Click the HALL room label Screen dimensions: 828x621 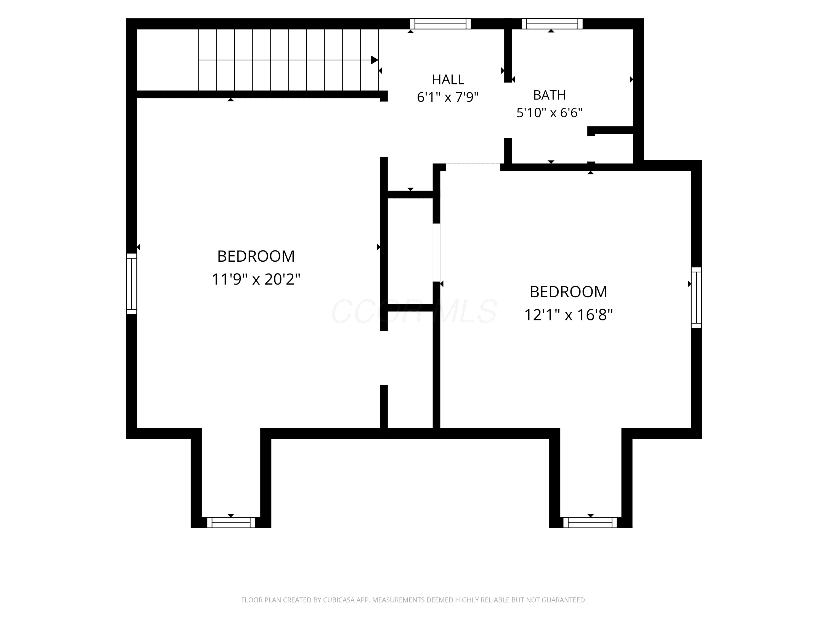pyautogui.click(x=448, y=79)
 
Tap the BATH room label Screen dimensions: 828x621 pyautogui.click(x=549, y=95)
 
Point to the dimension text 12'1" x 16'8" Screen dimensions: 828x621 pyautogui.click(x=568, y=315)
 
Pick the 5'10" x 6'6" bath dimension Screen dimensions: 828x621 pyautogui.click(x=549, y=113)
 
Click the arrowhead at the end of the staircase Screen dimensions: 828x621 pyautogui.click(x=374, y=60)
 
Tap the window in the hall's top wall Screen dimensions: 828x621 pyautogui.click(x=440, y=23)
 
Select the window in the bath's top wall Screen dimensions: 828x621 pyautogui.click(x=552, y=23)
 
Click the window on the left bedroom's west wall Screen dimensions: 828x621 pyautogui.click(x=131, y=284)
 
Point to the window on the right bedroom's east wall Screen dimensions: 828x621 pyautogui.click(x=696, y=298)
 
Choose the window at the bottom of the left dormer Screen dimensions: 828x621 pyautogui.click(x=231, y=522)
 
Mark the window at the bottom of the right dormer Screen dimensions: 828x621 pyautogui.click(x=590, y=522)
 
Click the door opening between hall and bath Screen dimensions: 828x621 pyautogui.click(x=508, y=110)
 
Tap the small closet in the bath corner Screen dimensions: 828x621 pyautogui.click(x=614, y=148)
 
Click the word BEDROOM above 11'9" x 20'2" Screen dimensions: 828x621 pyautogui.click(x=256, y=256)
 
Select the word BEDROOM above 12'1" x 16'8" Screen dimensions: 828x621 pyautogui.click(x=568, y=292)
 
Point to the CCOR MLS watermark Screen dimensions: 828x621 pyautogui.click(x=414, y=311)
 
